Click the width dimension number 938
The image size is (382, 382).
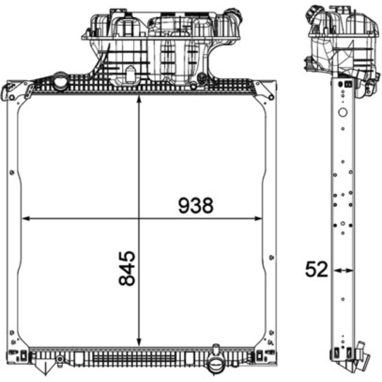click(x=196, y=205)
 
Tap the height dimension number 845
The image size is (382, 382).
click(x=127, y=268)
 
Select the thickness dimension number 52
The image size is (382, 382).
click(x=317, y=269)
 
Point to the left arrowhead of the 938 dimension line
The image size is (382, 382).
click(x=26, y=219)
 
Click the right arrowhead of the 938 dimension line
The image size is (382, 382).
click(x=258, y=219)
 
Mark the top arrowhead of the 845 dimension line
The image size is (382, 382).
click(x=139, y=99)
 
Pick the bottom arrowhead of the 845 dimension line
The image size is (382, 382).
click(x=139, y=342)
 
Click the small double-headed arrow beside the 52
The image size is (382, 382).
click(x=343, y=270)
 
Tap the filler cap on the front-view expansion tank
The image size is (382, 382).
click(x=234, y=15)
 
